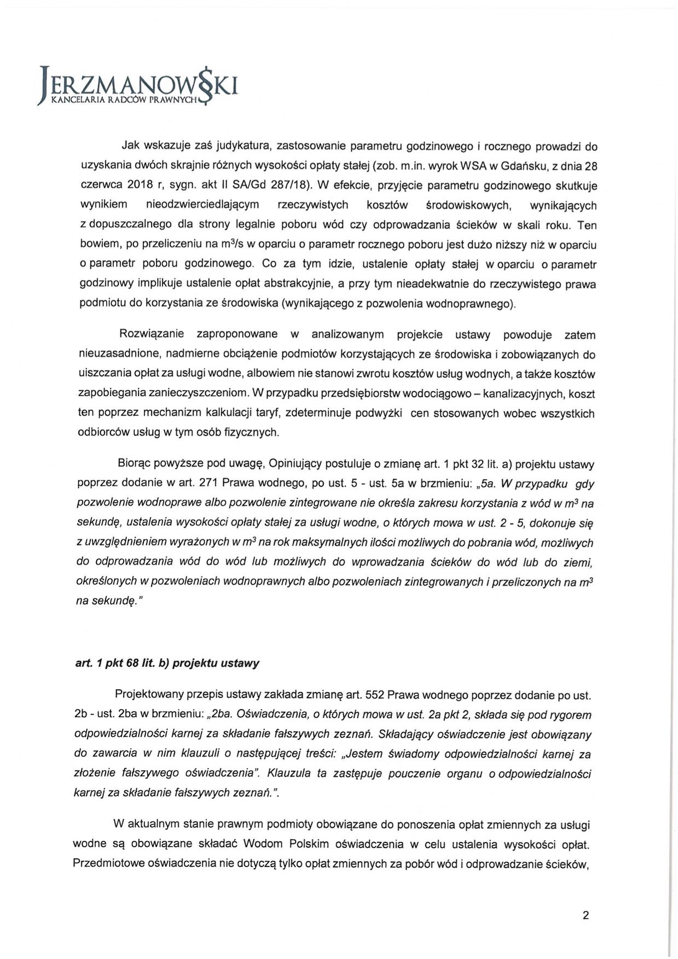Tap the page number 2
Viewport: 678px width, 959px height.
586,915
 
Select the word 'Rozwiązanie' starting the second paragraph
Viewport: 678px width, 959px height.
152,334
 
